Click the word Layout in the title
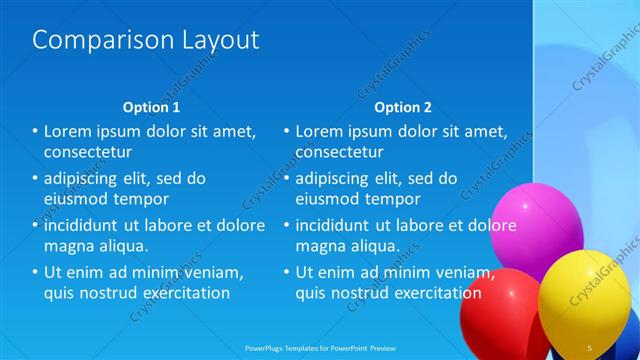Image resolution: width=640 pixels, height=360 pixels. pos(218,41)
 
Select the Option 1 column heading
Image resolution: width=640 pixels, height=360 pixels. pos(151,107)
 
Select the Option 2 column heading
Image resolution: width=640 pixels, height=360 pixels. pos(403,107)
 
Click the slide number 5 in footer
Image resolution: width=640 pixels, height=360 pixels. pos(589,348)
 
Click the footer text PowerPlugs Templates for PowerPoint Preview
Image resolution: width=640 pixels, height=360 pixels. pos(319,348)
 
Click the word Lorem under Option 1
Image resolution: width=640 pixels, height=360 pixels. pos(69,131)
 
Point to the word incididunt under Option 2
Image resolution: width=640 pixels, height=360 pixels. pos(339,225)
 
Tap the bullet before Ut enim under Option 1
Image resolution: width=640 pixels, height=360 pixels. pos(35,272)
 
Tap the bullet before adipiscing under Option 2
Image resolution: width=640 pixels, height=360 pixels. pos(287,178)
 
